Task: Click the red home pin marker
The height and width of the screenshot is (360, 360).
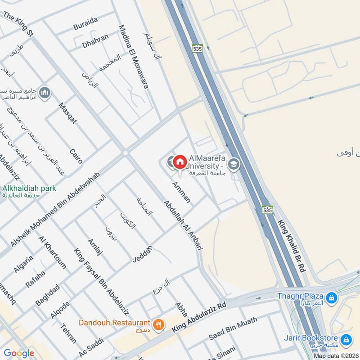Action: coord(180,162)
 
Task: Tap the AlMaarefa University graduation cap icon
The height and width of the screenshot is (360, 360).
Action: coord(233,164)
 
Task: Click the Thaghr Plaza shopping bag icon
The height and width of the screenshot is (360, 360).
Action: coord(332,297)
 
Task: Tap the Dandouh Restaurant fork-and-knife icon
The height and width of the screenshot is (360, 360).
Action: coord(158,324)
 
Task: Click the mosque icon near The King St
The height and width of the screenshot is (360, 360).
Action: coord(45,93)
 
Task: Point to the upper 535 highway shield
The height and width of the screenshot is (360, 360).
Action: coord(197,49)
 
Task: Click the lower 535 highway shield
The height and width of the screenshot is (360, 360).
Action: coord(267,210)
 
